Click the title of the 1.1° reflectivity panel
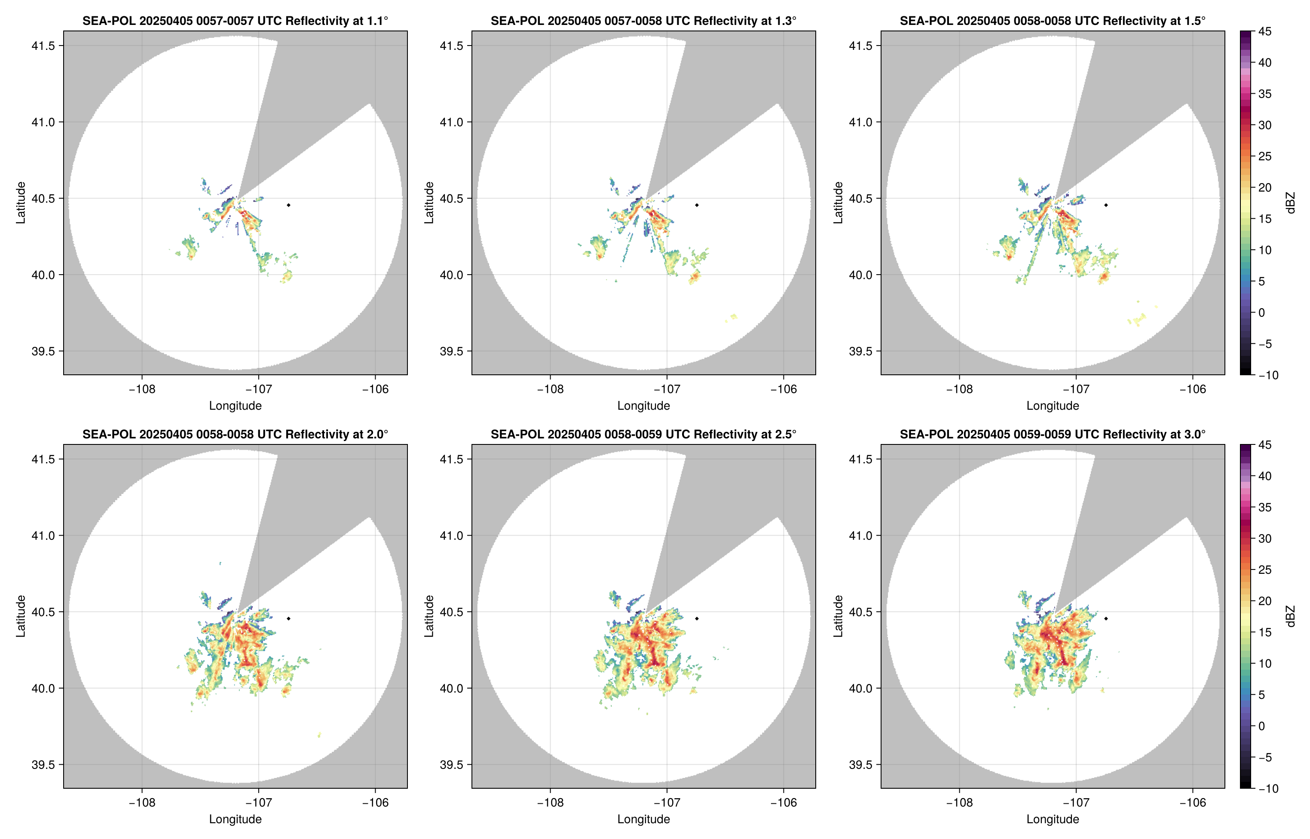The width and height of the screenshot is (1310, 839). pyautogui.click(x=235, y=21)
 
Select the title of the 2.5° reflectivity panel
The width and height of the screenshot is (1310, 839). pyautogui.click(x=643, y=434)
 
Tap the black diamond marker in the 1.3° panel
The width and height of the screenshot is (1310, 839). pyautogui.click(x=697, y=205)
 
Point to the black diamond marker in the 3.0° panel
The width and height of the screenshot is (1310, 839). pyautogui.click(x=1106, y=619)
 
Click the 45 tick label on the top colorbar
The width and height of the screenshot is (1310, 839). pyautogui.click(x=1265, y=32)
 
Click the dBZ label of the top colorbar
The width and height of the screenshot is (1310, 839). pyautogui.click(x=1289, y=203)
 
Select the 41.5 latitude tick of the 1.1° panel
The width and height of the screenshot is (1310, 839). pyautogui.click(x=43, y=46)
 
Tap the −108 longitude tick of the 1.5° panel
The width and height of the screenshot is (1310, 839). pyautogui.click(x=959, y=389)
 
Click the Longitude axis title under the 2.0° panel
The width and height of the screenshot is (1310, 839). pyautogui.click(x=235, y=819)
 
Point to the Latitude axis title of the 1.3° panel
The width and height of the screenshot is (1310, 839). pyautogui.click(x=429, y=203)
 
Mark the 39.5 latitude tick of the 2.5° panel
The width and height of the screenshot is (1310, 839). pyautogui.click(x=452, y=764)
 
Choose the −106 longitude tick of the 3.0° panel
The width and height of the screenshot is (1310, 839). pyautogui.click(x=1193, y=802)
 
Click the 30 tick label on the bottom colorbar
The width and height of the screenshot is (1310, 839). pyautogui.click(x=1265, y=538)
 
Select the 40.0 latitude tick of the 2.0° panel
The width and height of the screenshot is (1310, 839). pyautogui.click(x=43, y=688)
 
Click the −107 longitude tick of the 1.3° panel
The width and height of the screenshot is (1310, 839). pyautogui.click(x=667, y=389)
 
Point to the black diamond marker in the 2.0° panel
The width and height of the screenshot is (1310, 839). pyautogui.click(x=288, y=619)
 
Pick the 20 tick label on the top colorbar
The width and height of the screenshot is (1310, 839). pyautogui.click(x=1265, y=187)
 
